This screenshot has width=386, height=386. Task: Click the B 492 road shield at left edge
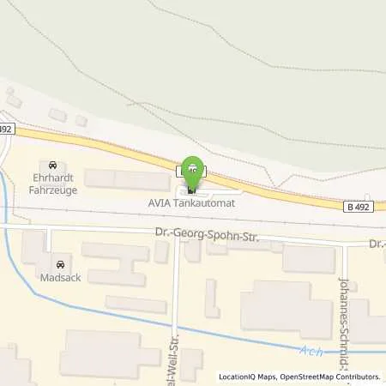(5, 130)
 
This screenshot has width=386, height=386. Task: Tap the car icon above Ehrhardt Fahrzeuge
(54, 165)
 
